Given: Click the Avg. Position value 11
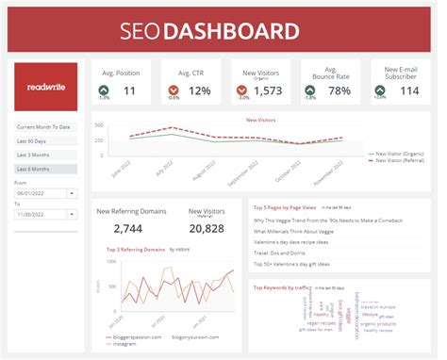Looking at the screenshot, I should click(x=128, y=91).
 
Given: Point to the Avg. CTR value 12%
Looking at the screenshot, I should click(x=200, y=91).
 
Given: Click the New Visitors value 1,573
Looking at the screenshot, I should click(x=269, y=91).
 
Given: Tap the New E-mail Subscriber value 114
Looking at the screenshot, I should click(x=408, y=91).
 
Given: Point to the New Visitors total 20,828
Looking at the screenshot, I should click(x=207, y=229).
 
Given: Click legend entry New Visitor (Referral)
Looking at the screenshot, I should click(x=400, y=161).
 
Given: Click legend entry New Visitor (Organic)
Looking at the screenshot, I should click(x=400, y=153).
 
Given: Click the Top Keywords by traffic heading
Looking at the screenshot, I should click(x=285, y=287).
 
